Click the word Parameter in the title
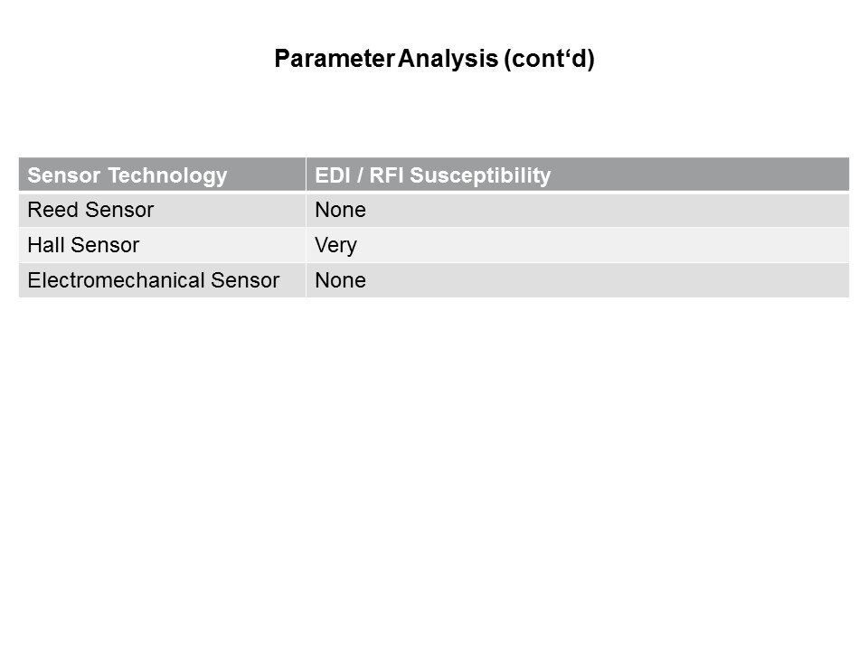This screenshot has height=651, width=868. pos(335,59)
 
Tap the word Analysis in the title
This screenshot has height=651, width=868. pos(448,60)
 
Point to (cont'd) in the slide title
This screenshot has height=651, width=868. pos(549,60)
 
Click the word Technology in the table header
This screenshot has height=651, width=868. pos(167,176)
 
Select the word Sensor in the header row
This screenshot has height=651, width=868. pos(63,175)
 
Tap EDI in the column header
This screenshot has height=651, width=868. pos(333,175)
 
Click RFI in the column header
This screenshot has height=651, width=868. pos(386,175)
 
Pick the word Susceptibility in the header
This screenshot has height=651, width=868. pos(480,176)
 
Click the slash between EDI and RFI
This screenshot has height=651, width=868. pos(360,175)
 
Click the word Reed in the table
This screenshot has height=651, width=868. pos(52,211)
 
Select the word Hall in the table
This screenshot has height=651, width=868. pos(46,245)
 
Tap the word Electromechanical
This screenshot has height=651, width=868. pos(116,280)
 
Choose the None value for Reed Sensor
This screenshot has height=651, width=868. pos(341,211)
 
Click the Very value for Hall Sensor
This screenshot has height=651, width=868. pos(336,246)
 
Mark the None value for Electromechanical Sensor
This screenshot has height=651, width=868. pos(341,280)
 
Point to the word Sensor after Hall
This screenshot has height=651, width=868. pos(105,245)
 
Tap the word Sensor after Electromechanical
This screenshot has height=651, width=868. pos(245,280)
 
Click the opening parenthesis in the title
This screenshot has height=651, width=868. pos(507,60)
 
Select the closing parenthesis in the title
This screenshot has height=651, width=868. pos(590,60)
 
